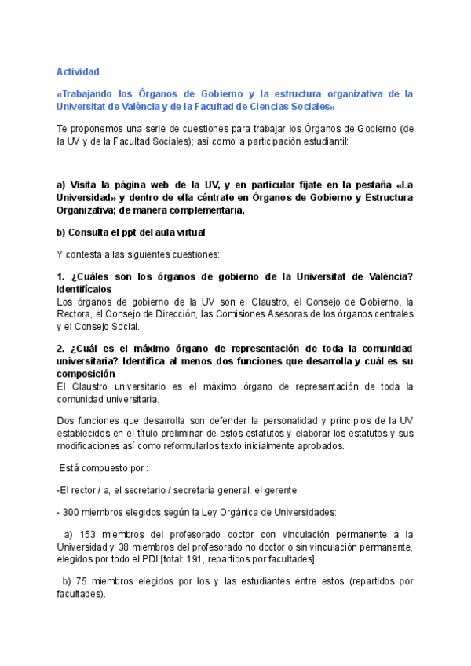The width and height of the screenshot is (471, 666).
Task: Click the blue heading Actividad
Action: point(78,71)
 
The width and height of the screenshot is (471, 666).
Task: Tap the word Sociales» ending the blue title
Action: point(314,107)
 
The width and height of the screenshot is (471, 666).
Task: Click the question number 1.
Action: point(60,276)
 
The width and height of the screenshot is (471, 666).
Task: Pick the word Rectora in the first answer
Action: point(75,314)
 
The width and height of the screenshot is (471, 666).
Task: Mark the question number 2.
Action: point(60,348)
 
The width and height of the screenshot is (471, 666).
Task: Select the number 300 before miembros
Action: point(73,512)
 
